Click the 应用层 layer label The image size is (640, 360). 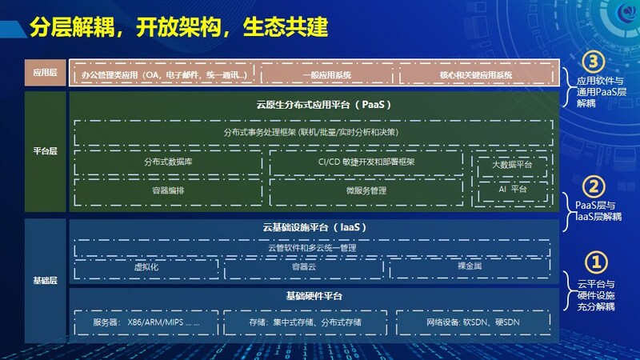tap(45, 73)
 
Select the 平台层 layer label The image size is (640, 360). tap(45, 151)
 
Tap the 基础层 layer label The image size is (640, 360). tap(45, 281)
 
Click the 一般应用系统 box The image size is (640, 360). tap(327, 74)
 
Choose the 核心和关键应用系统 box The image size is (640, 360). tap(476, 74)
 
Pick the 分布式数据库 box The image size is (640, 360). tap(168, 162)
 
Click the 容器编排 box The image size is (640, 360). tap(168, 191)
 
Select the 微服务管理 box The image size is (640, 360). tap(366, 191)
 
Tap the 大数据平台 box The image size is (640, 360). tap(512, 166)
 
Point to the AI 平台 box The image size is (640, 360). tap(512, 190)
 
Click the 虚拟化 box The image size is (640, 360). tap(146, 268)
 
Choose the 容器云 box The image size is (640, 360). tap(304, 268)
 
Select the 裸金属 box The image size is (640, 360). tap(470, 267)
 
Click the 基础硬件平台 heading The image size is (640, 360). tap(314, 296)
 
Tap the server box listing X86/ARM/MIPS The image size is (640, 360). tap(146, 322)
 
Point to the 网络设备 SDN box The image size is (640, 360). tap(473, 322)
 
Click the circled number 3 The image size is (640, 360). tap(593, 62)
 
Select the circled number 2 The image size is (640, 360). tap(594, 187)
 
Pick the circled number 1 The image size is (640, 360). tap(596, 262)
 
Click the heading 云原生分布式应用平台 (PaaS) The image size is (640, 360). tap(324, 105)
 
